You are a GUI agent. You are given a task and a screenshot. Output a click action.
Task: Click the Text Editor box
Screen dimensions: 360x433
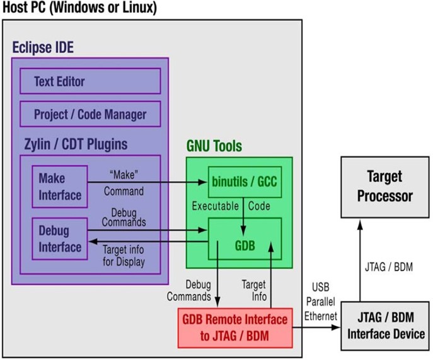[89, 81]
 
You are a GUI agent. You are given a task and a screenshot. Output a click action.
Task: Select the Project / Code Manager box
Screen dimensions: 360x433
[89, 114]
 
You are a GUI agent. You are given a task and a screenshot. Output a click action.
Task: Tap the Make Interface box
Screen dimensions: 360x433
[60, 186]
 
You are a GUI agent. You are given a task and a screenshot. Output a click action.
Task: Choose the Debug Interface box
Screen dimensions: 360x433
[60, 238]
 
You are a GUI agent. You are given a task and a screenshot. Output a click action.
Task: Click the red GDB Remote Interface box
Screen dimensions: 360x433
[234, 327]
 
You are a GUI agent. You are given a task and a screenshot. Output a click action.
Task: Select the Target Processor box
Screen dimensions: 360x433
[384, 187]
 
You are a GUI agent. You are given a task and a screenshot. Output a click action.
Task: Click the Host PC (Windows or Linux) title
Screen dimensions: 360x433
[79, 8]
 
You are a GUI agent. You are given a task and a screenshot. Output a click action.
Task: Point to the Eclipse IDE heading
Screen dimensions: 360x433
[48, 48]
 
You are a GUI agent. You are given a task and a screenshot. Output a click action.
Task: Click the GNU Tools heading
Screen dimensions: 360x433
[214, 146]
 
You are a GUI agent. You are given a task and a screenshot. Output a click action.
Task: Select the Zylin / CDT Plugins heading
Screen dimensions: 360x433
[72, 144]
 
